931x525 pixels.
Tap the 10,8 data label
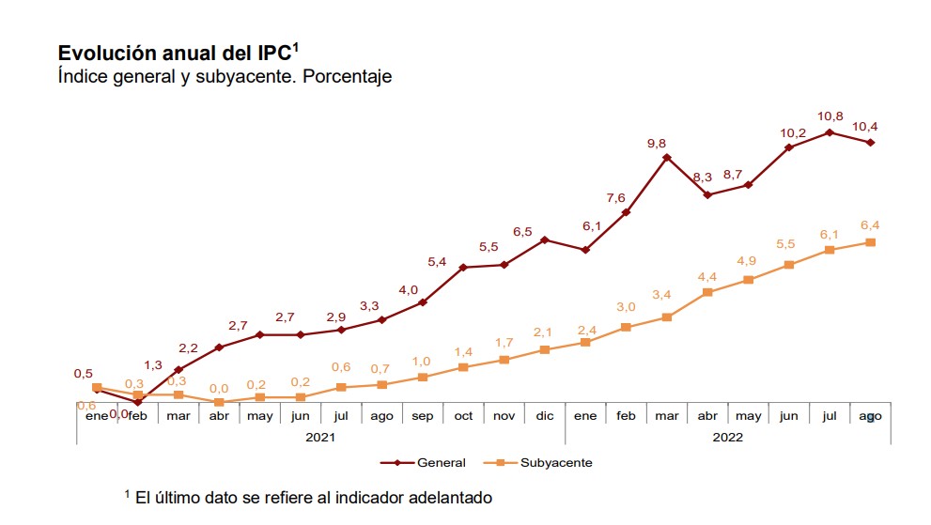click(830, 116)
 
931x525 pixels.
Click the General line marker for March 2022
click(667, 158)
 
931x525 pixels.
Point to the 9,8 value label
click(657, 143)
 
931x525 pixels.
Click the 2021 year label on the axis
click(320, 437)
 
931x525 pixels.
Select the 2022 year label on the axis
click(727, 437)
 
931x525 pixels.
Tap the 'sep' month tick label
click(423, 416)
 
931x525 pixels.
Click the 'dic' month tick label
click(545, 416)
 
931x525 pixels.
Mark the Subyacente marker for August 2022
click(871, 242)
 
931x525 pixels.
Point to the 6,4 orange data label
click(870, 224)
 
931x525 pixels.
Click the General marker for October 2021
click(463, 268)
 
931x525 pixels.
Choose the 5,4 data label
click(437, 262)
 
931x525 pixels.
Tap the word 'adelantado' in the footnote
click(445, 497)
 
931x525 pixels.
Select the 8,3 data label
click(702, 178)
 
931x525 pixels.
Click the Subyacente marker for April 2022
click(707, 293)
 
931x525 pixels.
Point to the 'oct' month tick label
click(463, 416)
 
